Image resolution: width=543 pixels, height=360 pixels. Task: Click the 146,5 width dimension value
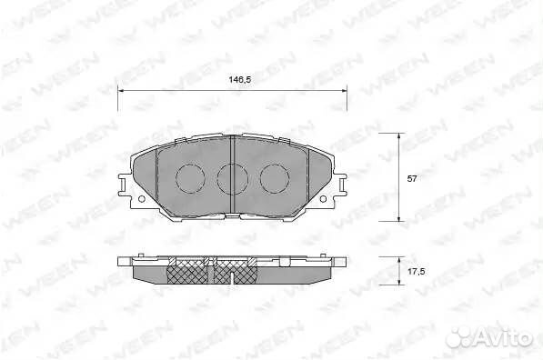point(233,81)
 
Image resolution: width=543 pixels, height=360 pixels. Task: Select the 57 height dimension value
point(411,178)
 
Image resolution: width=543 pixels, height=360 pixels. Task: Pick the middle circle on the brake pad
point(233,178)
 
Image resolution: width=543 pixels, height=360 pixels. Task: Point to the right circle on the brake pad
point(276,178)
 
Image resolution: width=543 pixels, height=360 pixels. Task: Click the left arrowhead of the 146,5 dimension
point(122,91)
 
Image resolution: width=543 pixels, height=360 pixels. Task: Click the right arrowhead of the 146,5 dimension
point(344,91)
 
